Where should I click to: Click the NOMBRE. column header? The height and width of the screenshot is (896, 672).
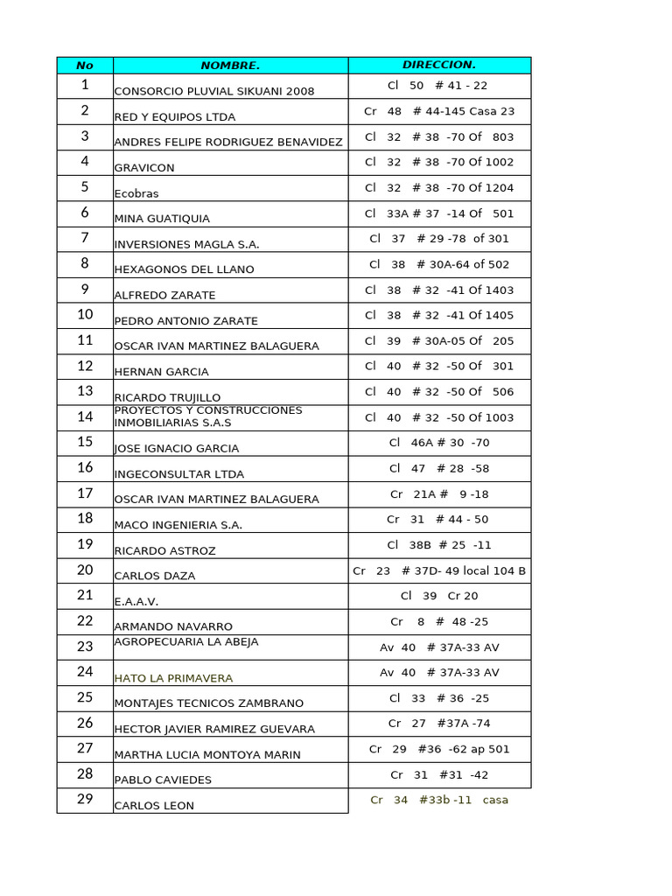[x=230, y=66]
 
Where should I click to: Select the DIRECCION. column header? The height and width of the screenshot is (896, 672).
[x=439, y=66]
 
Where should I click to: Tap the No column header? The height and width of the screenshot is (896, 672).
[x=85, y=66]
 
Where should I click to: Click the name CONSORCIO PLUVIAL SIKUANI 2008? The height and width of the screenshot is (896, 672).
[x=214, y=91]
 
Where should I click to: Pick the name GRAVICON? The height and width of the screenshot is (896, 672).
[x=144, y=168]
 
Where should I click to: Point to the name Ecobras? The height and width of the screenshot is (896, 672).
[x=136, y=193]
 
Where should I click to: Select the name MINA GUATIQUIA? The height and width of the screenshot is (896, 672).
[x=162, y=219]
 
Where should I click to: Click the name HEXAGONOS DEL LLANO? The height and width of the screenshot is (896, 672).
[x=184, y=269]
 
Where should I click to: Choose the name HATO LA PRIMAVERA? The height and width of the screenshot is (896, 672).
[x=173, y=677]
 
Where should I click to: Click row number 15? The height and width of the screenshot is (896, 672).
[x=85, y=442]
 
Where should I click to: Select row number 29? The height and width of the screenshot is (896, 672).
[x=85, y=799]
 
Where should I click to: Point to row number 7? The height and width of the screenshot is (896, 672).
[x=85, y=238]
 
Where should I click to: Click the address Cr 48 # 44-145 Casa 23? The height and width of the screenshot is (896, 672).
[x=439, y=111]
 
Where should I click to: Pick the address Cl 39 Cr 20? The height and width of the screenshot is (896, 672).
[x=439, y=596]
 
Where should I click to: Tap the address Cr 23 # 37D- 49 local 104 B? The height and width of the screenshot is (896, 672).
[x=439, y=570]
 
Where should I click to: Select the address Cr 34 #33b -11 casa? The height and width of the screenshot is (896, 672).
[x=439, y=800]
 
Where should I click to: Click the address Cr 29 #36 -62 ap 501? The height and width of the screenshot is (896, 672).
[x=439, y=749]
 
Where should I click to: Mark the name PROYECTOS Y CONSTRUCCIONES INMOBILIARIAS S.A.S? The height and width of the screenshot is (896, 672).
[x=208, y=416]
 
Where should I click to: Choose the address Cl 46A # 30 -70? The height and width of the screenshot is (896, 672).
[x=439, y=443]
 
